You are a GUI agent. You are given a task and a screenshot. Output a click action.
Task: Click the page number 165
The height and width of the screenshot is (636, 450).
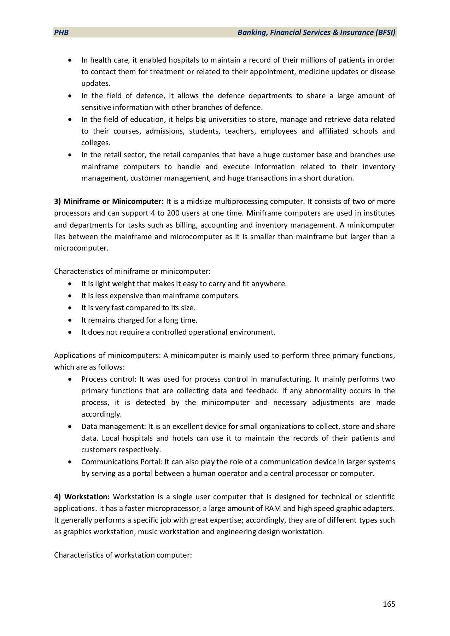[x=389, y=604]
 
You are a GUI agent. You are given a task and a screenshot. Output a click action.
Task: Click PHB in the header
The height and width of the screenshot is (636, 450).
[x=61, y=33]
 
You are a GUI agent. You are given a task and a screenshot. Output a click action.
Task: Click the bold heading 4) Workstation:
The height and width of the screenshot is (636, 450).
[x=82, y=497]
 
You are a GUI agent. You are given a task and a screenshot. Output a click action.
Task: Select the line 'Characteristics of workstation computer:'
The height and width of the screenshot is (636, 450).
[x=123, y=555]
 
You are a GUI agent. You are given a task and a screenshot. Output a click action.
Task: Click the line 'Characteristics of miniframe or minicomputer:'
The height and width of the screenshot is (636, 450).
[x=132, y=271]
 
